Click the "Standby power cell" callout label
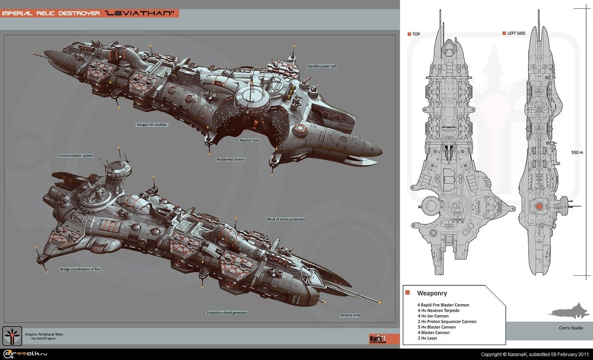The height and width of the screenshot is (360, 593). tap(322, 66)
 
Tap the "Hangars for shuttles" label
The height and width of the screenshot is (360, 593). tap(151, 125)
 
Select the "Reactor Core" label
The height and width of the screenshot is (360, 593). tap(249, 140)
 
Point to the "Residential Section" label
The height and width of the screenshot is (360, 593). tap(230, 159)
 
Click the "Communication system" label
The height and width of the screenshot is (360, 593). tap(76, 156)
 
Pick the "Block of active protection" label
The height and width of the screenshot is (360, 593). tap(286, 219)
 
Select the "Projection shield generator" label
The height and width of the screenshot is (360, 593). tap(227, 313)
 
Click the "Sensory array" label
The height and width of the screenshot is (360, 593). tap(350, 315)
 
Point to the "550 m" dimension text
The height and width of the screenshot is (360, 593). tap(578, 152)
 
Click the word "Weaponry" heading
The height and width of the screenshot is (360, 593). tap(432, 293)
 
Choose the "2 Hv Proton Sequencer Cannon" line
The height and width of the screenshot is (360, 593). tap(447, 322)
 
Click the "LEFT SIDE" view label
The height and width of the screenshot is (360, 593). tap(516, 33)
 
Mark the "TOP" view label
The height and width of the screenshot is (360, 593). tap(416, 34)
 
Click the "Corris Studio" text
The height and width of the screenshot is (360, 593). tap(571, 328)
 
